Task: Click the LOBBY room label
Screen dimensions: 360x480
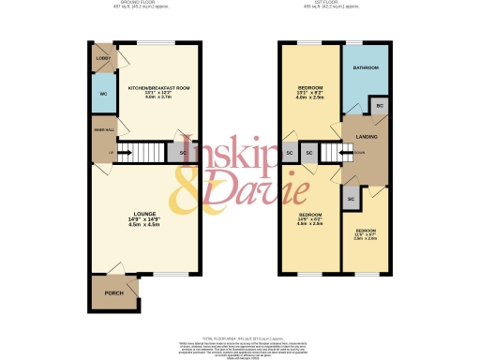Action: pos(103,58)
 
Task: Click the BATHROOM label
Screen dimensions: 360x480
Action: pos(365,68)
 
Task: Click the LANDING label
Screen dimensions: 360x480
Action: pos(366,137)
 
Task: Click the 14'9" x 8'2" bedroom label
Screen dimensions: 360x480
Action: pos(309,218)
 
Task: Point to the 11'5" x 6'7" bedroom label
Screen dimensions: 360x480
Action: pos(366,232)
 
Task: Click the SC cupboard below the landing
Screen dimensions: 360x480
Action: pos(350,199)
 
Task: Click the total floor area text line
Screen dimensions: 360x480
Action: pos(240,336)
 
